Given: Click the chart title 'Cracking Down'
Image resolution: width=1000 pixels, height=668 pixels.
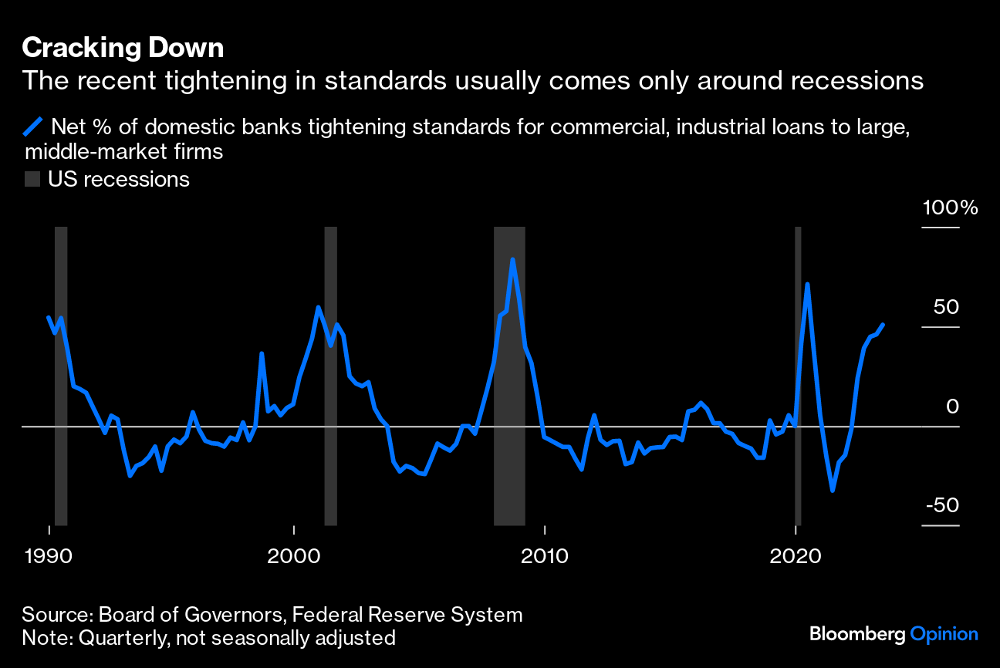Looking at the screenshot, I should tap(123, 49).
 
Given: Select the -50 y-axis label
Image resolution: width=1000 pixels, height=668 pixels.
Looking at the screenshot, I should tap(942, 505).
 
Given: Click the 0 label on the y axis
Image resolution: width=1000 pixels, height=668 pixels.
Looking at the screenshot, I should tap(953, 407).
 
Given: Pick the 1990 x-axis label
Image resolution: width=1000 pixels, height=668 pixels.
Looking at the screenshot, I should tap(49, 555).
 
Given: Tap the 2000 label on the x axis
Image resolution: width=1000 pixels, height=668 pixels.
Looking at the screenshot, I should tap(293, 555).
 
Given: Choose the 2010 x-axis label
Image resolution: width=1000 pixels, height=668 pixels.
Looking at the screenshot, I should tap(545, 555).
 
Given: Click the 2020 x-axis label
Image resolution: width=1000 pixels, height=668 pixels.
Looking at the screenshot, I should tap(795, 555).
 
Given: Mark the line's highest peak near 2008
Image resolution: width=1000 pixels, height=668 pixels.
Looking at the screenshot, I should tap(512, 260).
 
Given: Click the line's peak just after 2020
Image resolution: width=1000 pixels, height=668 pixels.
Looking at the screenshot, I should tap(807, 285).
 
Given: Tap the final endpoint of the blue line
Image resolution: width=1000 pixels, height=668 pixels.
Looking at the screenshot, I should tap(883, 325).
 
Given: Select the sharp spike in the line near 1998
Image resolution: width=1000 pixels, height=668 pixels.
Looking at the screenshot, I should tap(262, 353).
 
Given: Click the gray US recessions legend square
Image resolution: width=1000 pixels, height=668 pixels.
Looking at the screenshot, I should tap(32, 180).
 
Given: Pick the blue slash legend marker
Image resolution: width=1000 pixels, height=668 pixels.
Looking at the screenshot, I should tap(32, 126).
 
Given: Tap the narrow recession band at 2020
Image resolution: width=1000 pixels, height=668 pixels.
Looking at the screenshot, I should tap(798, 463).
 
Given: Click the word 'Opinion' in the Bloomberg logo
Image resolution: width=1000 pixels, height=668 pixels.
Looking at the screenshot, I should tap(944, 634).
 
